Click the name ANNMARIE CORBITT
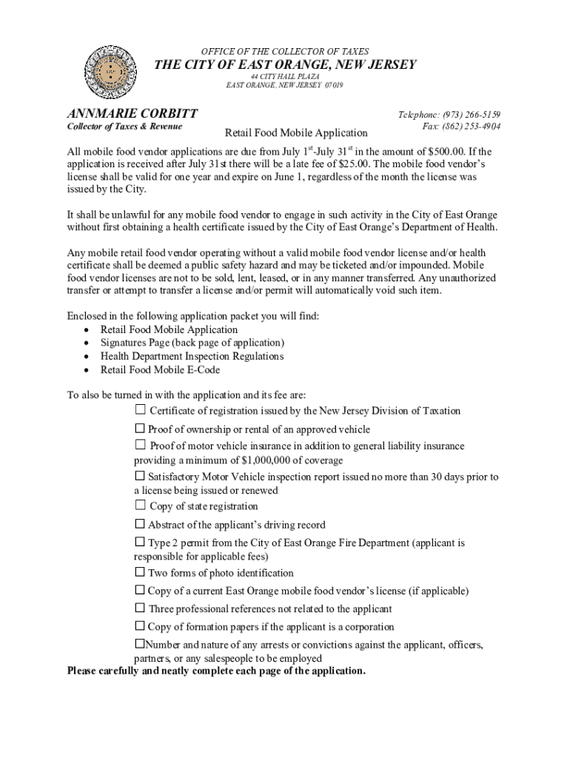coord(133,114)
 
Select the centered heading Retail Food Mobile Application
coord(295,133)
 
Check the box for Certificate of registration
coord(141,410)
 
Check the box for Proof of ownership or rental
coord(139,429)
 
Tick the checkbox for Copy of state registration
coord(141,506)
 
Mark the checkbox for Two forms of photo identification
coord(139,572)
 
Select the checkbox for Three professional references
coord(140,608)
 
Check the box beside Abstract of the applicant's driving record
coord(139,525)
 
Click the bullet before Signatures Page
coord(87,343)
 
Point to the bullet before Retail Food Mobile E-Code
coord(87,370)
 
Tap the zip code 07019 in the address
coord(334,85)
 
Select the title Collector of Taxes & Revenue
coord(125,127)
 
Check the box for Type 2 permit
coord(139,543)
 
